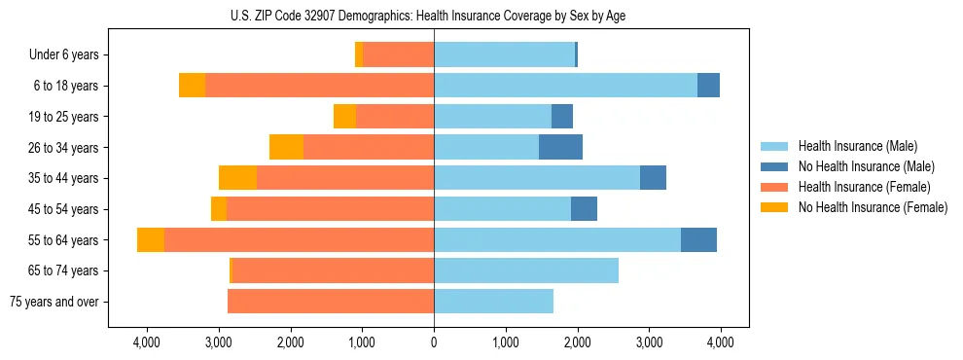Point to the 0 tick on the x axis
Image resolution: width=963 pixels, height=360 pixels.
point(434,343)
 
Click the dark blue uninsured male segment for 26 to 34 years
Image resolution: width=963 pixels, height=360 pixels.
point(560,147)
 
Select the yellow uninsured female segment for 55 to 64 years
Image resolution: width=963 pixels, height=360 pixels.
point(151,239)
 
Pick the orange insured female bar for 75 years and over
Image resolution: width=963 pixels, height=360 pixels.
point(331,302)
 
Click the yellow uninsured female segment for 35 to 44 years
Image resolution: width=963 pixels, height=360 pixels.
point(237,178)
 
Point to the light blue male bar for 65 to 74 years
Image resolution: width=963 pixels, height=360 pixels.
point(526,270)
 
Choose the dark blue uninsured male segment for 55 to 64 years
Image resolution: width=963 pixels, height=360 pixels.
point(698,239)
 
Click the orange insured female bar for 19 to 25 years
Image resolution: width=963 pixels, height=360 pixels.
point(395,117)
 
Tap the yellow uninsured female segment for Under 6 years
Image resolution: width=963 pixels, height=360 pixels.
point(359,55)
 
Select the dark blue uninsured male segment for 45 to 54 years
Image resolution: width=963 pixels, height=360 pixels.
point(584,209)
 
